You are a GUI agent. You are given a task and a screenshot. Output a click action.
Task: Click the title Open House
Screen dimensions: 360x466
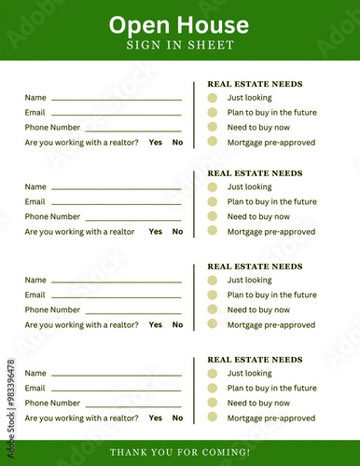(x=178, y=24)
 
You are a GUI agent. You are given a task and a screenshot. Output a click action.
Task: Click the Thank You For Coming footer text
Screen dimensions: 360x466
(x=180, y=452)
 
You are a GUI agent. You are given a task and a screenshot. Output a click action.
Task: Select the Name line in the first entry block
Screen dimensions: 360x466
(x=116, y=98)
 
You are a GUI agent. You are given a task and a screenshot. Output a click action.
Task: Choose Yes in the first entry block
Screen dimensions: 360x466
(x=155, y=143)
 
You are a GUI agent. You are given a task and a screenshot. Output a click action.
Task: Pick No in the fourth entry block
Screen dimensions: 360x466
(x=177, y=418)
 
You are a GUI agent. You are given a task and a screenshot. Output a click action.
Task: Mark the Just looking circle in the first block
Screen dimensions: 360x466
(x=213, y=97)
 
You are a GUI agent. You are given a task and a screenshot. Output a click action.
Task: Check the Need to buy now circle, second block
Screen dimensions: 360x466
(x=213, y=216)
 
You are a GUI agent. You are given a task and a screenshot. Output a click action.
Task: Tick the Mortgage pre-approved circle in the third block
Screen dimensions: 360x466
(x=213, y=324)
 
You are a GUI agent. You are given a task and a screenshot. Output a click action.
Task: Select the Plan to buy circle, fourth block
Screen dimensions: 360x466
(x=213, y=388)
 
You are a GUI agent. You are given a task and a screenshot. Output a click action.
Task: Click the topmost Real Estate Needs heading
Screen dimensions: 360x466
(x=255, y=84)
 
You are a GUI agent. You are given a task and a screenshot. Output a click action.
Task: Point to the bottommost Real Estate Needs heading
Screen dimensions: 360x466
(x=255, y=360)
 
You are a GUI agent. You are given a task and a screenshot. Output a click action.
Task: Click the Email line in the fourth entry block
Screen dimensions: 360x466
(x=116, y=389)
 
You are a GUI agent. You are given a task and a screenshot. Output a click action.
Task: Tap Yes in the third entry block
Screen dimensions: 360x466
(x=155, y=325)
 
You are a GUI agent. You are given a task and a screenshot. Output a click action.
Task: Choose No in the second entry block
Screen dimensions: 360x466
(x=177, y=232)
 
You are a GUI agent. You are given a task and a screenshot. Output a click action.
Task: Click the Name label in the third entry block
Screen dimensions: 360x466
(x=35, y=280)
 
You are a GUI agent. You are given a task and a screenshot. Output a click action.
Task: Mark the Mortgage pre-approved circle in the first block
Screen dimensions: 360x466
(x=213, y=142)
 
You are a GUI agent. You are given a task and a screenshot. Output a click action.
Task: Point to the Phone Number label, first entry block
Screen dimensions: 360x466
(x=52, y=128)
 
